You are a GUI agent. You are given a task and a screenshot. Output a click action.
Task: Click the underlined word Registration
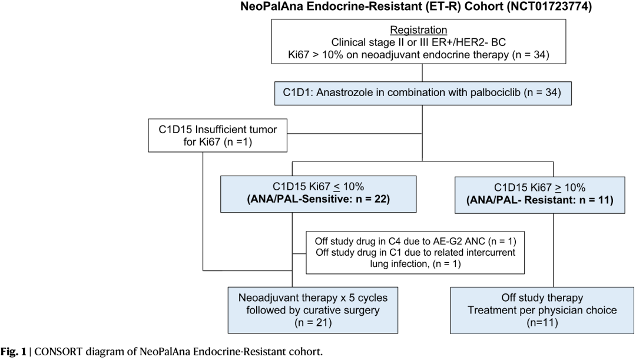(418, 30)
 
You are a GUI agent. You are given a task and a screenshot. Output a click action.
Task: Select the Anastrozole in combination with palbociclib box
(423, 93)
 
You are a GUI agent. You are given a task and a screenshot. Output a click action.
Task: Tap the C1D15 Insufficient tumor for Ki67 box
(217, 136)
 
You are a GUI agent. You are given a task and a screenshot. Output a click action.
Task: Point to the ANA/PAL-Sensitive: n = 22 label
(319, 199)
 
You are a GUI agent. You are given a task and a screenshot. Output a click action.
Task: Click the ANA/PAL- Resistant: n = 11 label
(540, 200)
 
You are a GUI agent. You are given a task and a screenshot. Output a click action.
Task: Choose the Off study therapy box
(542, 311)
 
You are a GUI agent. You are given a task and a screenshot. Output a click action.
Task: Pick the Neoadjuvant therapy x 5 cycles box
(313, 311)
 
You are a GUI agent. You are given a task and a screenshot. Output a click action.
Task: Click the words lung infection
(399, 264)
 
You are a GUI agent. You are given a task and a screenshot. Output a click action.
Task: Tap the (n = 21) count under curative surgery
(313, 323)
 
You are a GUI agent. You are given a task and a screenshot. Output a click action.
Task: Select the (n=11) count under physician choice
(542, 323)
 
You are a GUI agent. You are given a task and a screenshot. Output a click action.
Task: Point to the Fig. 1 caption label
(13, 352)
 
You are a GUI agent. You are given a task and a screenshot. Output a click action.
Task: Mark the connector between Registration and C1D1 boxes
(422, 72)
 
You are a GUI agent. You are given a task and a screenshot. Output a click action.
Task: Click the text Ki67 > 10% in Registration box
(316, 55)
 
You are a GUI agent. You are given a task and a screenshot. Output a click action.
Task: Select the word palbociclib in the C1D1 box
(495, 93)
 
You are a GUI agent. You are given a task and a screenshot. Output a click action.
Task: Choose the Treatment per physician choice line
(542, 311)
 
